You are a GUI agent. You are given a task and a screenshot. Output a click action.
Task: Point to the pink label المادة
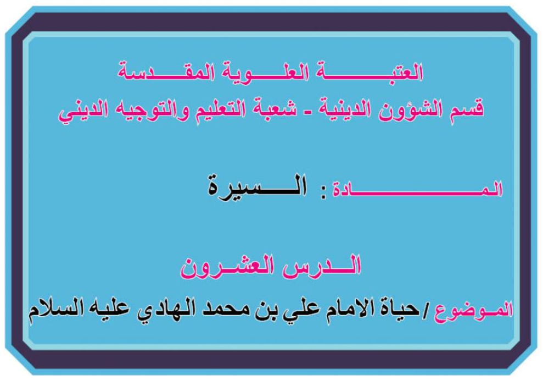tap(417, 190)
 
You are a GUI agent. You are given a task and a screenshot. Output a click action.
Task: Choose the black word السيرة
tap(257, 186)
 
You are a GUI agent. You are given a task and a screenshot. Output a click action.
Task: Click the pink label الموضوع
tap(473, 309)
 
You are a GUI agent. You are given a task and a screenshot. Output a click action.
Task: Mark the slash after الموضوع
tap(426, 310)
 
